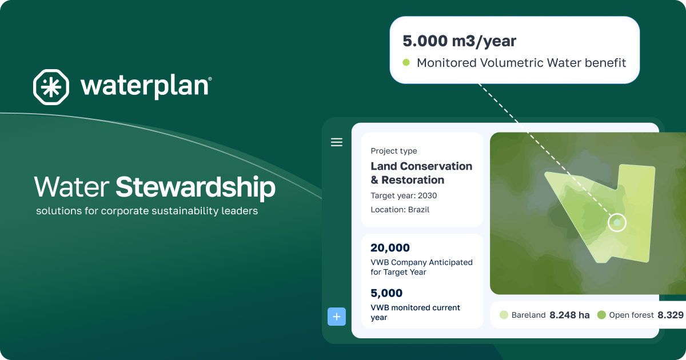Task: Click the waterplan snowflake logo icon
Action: pyautogui.click(x=51, y=87)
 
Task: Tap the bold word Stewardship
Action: pyautogui.click(x=196, y=187)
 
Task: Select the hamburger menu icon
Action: pyautogui.click(x=337, y=142)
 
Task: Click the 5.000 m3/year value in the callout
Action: pyautogui.click(x=460, y=41)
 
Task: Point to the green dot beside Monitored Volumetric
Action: pyautogui.click(x=406, y=63)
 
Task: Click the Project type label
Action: pyautogui.click(x=394, y=151)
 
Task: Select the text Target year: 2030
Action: pyautogui.click(x=404, y=195)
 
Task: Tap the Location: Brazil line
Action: pyautogui.click(x=400, y=210)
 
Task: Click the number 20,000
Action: pyautogui.click(x=390, y=248)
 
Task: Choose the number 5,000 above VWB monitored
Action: pyautogui.click(x=386, y=293)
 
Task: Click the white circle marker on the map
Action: pyautogui.click(x=617, y=222)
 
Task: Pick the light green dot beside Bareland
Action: pyautogui.click(x=504, y=315)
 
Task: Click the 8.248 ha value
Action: pyautogui.click(x=569, y=315)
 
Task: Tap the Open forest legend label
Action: pyautogui.click(x=631, y=315)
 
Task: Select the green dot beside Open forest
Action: pyautogui.click(x=601, y=315)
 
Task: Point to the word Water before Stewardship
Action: pyautogui.click(x=71, y=187)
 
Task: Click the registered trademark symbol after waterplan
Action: pyautogui.click(x=210, y=79)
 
